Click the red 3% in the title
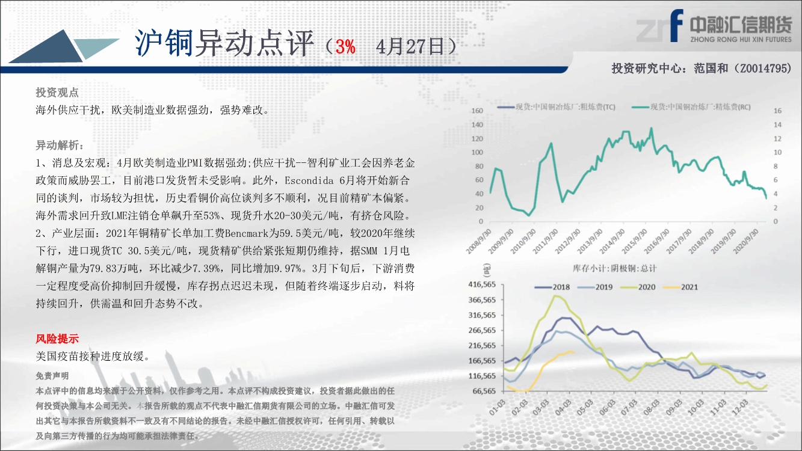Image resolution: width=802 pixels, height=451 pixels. click(x=345, y=46)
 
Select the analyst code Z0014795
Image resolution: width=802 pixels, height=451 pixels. click(x=763, y=68)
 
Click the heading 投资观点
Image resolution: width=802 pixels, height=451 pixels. click(x=57, y=93)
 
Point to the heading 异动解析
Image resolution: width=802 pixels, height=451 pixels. click(x=57, y=146)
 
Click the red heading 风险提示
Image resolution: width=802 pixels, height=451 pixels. click(x=57, y=339)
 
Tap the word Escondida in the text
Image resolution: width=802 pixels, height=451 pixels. click(x=309, y=180)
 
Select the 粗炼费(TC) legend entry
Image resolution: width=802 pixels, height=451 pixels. click(x=557, y=107)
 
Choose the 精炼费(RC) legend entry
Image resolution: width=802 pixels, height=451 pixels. click(x=691, y=107)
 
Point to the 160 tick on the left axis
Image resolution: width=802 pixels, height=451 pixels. click(x=477, y=111)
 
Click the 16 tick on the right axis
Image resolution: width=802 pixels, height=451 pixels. click(x=777, y=111)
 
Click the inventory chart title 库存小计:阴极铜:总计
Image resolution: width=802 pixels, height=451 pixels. click(x=614, y=268)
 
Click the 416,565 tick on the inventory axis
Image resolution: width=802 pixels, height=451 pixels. click(x=482, y=284)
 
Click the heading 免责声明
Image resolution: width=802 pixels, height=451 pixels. click(x=52, y=376)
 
